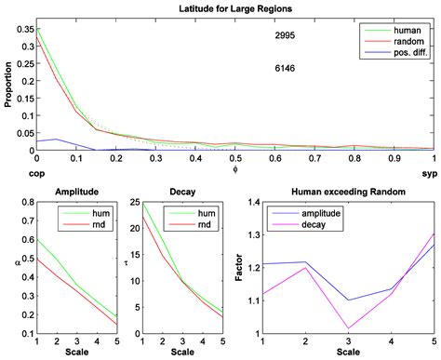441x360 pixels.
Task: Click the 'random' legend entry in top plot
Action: click(402, 43)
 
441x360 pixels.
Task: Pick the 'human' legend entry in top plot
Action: click(401, 30)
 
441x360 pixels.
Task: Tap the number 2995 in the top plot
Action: click(286, 34)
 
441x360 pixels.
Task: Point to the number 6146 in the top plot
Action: click(286, 68)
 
